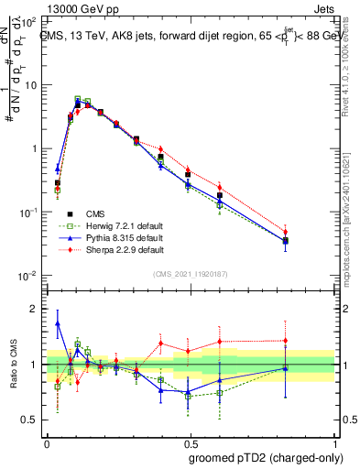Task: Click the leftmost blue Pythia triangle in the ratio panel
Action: (58, 323)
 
